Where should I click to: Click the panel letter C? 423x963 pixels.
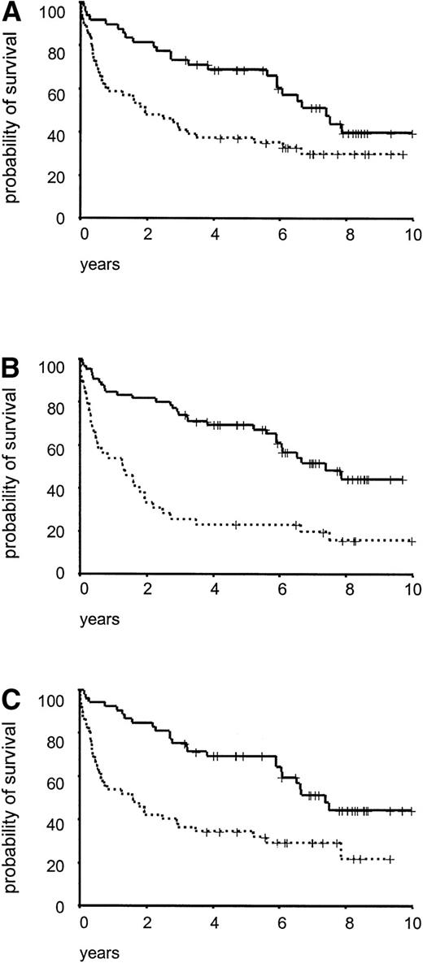click(12, 696)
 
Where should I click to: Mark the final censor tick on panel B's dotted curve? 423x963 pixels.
click(412, 541)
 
